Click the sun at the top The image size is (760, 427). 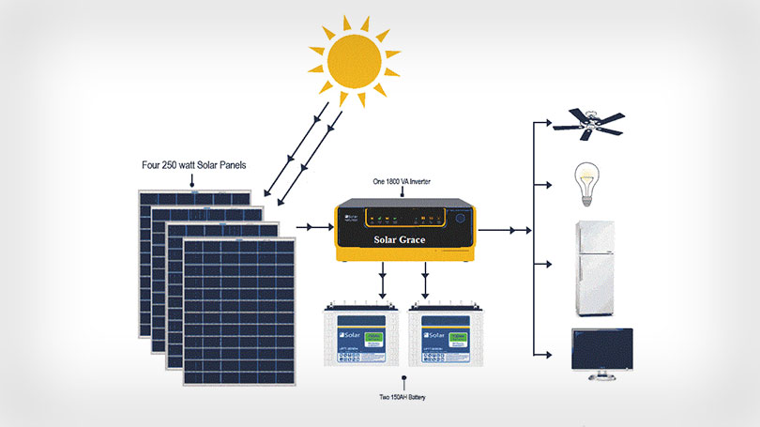(355, 61)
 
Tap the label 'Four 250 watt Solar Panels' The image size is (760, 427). (191, 167)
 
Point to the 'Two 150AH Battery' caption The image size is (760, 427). (404, 398)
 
